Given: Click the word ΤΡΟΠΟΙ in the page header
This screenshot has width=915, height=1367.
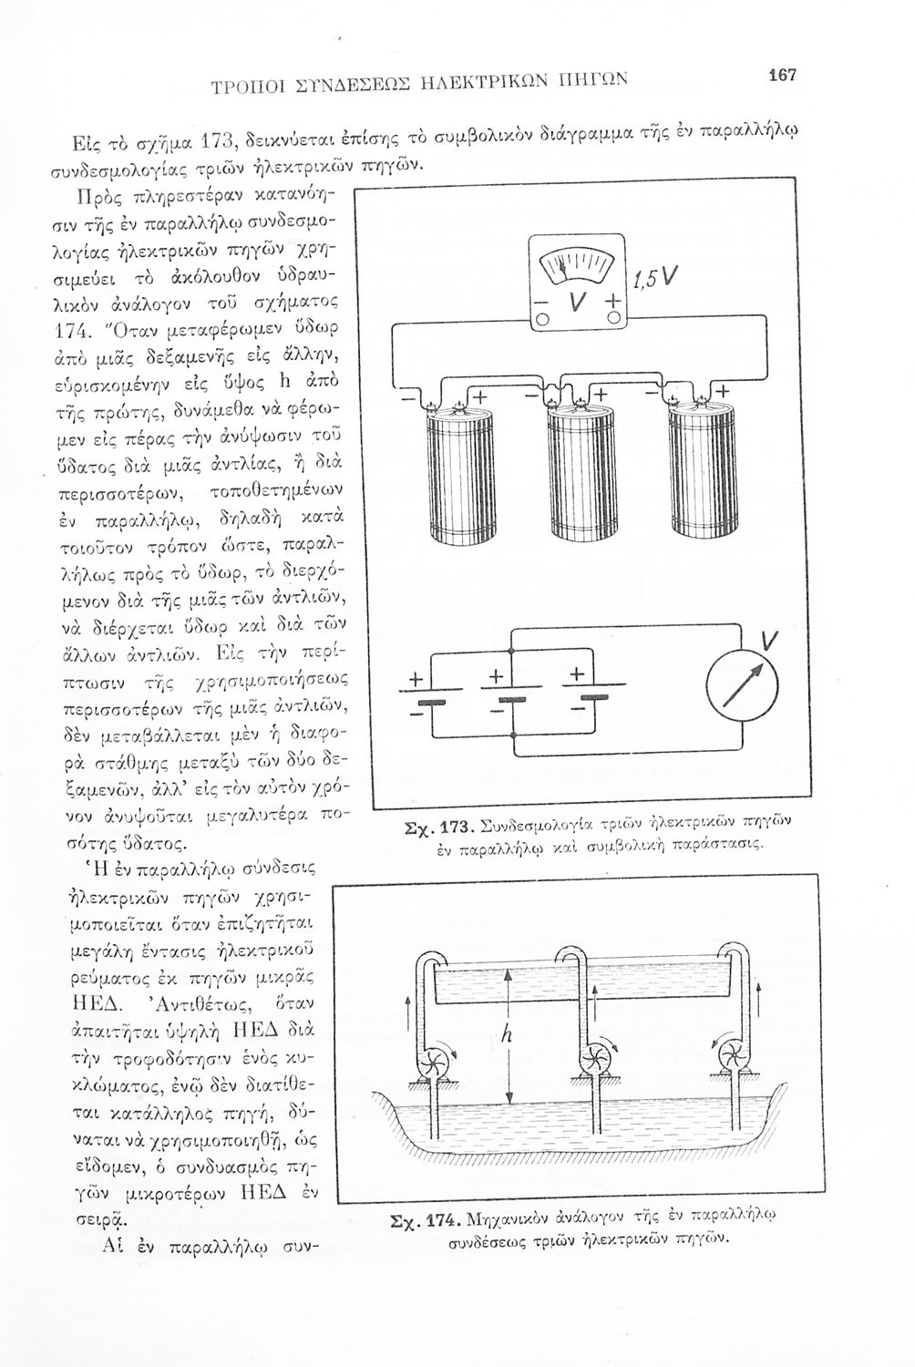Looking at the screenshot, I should point(241,87).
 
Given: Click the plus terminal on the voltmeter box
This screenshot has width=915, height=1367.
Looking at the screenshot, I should point(612,301).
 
